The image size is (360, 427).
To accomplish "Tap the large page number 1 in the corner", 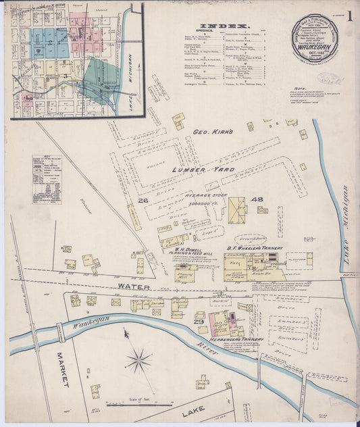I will click(349, 16).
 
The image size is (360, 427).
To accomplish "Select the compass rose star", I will click(138, 361).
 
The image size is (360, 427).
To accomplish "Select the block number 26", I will click(143, 201).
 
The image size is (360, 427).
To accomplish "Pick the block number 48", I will click(257, 199).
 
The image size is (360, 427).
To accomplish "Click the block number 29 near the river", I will click(199, 322).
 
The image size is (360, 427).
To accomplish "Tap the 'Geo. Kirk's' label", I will click(213, 132).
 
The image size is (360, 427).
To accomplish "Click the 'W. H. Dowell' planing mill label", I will click(185, 248).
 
